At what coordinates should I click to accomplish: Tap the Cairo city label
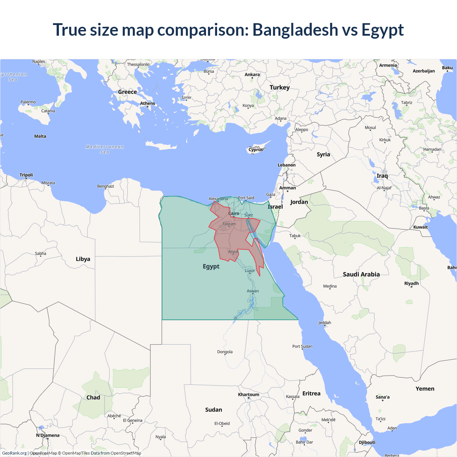[x=234, y=214]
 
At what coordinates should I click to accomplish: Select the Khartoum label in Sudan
[x=248, y=395]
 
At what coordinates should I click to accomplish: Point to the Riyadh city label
[x=411, y=283]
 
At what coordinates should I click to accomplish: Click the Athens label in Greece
[x=147, y=104]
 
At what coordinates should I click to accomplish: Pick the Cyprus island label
[x=256, y=150]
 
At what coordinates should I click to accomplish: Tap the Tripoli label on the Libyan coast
[x=26, y=175]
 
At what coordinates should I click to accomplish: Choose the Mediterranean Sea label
[x=105, y=149]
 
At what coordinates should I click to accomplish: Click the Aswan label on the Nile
[x=253, y=291]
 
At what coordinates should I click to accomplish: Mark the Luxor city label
[x=250, y=271]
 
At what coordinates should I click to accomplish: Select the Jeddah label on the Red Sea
[x=325, y=323]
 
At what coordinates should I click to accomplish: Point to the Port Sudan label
[x=302, y=346]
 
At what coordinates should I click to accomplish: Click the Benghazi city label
[x=106, y=186]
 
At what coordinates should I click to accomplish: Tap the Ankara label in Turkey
[x=252, y=75]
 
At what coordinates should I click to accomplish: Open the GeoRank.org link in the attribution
[x=14, y=453]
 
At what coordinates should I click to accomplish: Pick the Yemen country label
[x=425, y=389]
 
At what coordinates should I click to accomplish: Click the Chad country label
[x=93, y=397]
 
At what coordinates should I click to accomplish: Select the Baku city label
[x=447, y=68]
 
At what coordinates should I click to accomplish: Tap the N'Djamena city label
[x=48, y=435]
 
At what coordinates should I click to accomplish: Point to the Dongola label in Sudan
[x=225, y=352]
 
